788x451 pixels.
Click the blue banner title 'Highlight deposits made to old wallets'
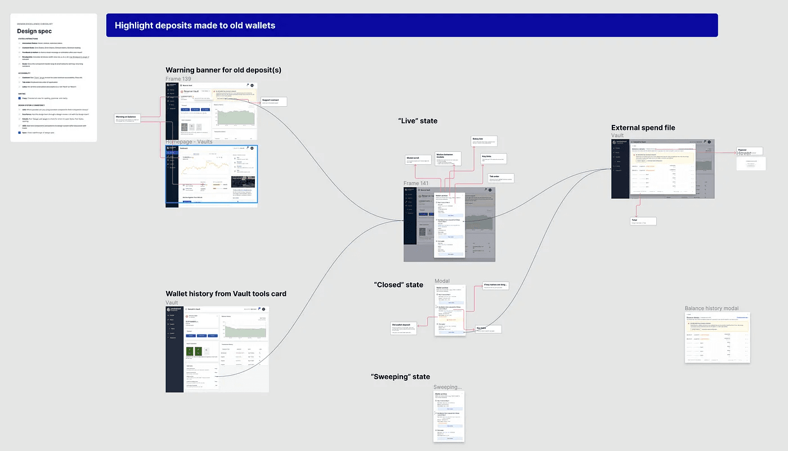(195, 25)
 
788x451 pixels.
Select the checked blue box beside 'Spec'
(20, 133)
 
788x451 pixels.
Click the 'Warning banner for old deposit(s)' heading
(223, 70)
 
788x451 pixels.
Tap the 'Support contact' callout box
(274, 102)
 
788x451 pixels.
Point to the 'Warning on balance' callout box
(127, 118)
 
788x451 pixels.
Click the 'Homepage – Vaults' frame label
(189, 142)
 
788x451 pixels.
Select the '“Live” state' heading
(418, 121)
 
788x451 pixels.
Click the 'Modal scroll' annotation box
(418, 160)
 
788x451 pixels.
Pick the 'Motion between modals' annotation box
(448, 157)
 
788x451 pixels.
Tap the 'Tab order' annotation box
(501, 178)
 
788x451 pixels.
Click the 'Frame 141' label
(416, 184)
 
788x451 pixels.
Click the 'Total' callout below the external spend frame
(643, 221)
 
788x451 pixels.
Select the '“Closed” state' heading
(399, 285)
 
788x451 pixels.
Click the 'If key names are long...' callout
(496, 286)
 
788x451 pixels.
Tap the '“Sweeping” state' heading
(400, 377)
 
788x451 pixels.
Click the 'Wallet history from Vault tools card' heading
(226, 294)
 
